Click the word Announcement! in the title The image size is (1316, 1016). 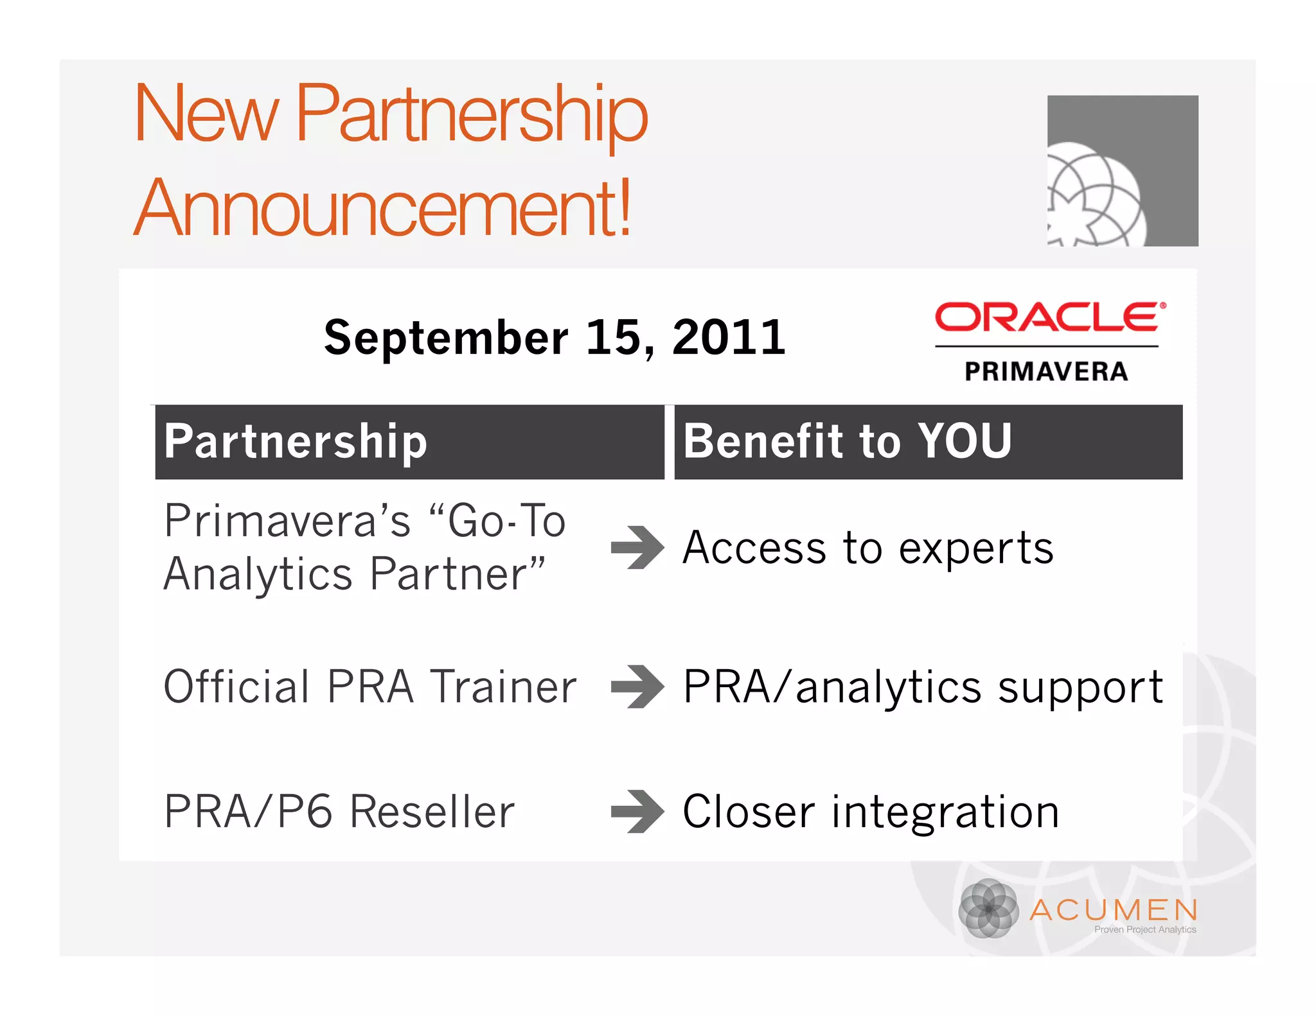(383, 207)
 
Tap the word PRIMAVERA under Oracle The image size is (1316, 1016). (1046, 371)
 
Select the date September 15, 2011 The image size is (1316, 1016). (554, 337)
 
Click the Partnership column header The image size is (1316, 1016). (296, 442)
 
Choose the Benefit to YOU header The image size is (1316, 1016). (847, 442)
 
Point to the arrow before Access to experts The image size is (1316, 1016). (637, 548)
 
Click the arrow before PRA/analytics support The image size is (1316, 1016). (637, 687)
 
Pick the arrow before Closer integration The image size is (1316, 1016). (637, 812)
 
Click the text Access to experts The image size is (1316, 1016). (867, 548)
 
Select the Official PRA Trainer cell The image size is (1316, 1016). (370, 687)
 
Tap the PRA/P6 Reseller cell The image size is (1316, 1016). (339, 812)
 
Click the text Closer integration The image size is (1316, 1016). (871, 812)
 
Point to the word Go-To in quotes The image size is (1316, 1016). (506, 521)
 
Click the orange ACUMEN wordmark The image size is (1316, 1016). (1114, 910)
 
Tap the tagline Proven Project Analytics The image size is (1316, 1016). (1144, 929)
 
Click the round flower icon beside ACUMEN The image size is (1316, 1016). (988, 909)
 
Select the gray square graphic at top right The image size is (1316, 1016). (1122, 171)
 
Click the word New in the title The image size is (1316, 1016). (206, 114)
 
